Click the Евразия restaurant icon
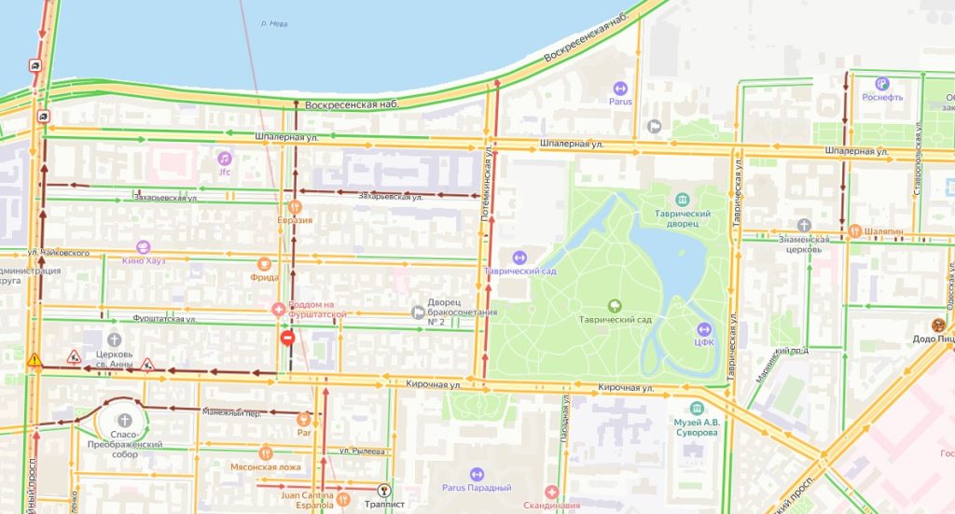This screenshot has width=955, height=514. click(x=295, y=206)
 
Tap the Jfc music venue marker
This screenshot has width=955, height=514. click(x=224, y=158)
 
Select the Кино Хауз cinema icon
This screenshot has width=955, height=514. click(x=143, y=247)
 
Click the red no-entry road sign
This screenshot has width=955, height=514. click(x=287, y=338)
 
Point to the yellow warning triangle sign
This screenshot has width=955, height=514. click(x=35, y=359)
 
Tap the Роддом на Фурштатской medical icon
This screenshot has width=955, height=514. click(x=278, y=309)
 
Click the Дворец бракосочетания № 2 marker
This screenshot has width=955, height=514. click(x=418, y=313)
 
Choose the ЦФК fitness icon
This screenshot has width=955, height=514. click(x=704, y=329)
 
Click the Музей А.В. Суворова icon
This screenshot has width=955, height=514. click(x=697, y=409)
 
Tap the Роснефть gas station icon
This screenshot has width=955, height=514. click(x=856, y=83)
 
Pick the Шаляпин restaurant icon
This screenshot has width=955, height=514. click(x=854, y=231)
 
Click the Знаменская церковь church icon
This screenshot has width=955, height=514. click(x=804, y=225)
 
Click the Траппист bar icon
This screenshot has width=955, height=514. click(x=382, y=490)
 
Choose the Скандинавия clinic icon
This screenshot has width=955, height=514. click(x=552, y=492)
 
